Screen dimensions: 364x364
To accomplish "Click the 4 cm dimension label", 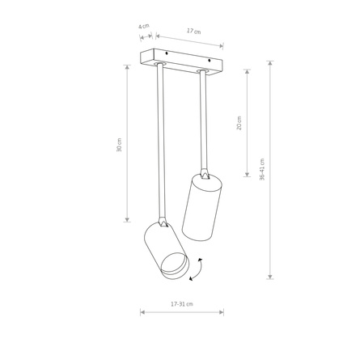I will [x=143, y=27].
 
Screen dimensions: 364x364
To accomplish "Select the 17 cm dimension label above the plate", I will [x=193, y=32].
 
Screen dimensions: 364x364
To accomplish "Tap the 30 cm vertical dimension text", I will [x=120, y=145].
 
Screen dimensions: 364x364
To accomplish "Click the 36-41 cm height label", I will [x=262, y=169].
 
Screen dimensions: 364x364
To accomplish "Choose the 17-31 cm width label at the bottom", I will [x=182, y=304].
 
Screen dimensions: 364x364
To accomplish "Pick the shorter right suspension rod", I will [x=202, y=121].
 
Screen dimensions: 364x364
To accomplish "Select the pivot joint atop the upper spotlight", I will [x=204, y=174].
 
